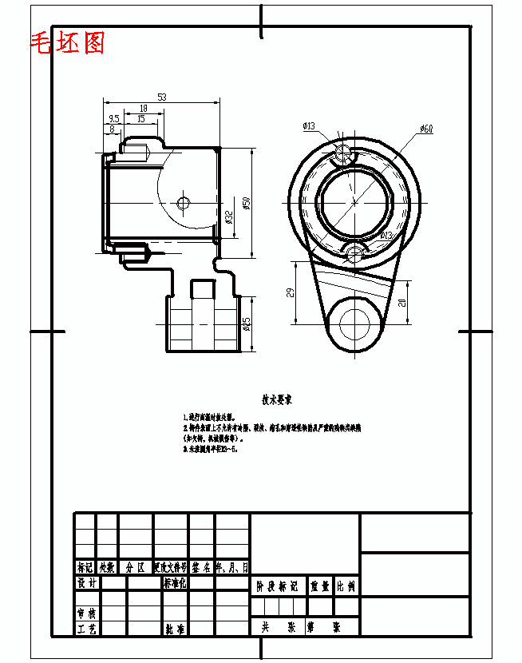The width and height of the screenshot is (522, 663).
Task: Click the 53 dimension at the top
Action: click(x=161, y=97)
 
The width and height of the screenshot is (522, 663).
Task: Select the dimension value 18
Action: click(x=143, y=108)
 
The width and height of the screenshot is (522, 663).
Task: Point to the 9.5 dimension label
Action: click(x=115, y=119)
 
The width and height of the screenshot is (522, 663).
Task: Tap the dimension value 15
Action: click(x=140, y=119)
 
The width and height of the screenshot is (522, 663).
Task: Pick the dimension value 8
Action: click(x=111, y=129)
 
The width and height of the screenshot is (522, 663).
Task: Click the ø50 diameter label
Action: click(x=247, y=203)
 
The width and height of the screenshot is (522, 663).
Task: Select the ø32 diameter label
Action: click(x=229, y=217)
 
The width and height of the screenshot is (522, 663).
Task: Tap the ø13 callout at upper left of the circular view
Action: click(x=308, y=126)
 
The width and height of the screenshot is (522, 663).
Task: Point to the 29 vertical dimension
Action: click(x=291, y=292)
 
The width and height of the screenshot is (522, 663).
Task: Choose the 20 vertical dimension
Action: click(x=402, y=302)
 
